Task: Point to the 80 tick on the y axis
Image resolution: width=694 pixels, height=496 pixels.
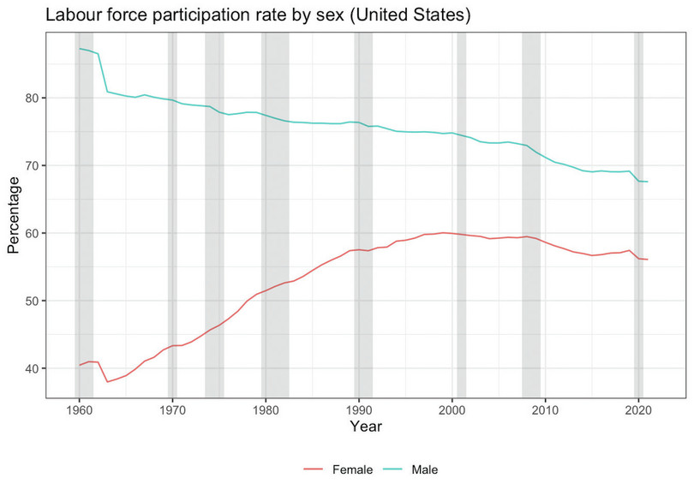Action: (x=32, y=98)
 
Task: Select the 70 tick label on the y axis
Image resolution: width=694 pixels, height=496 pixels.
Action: (x=32, y=165)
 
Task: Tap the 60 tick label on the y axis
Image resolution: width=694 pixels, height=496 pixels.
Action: (x=32, y=233)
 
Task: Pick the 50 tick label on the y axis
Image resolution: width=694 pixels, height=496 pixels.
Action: (x=32, y=301)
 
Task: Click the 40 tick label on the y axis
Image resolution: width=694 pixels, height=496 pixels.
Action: (x=32, y=368)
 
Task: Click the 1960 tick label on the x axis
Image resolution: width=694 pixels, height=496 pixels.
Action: (x=79, y=409)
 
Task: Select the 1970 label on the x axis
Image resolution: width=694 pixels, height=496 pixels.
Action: (x=172, y=409)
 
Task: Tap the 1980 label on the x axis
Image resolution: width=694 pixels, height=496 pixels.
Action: (x=266, y=409)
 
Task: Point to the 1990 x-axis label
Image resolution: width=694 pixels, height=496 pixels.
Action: (x=359, y=409)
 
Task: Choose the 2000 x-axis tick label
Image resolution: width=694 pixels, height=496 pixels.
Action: (x=452, y=409)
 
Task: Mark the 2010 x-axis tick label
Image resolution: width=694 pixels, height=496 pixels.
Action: (x=545, y=409)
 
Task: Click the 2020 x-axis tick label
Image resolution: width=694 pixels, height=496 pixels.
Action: (x=638, y=409)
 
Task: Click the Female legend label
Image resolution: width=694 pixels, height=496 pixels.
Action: (x=351, y=469)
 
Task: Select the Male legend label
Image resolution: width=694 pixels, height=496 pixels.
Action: (x=425, y=469)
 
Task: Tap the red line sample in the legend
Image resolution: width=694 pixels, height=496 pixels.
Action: (x=314, y=469)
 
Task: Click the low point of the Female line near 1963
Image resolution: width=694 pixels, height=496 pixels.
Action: (x=107, y=381)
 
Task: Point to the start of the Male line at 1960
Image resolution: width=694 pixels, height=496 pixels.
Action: (x=79, y=49)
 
